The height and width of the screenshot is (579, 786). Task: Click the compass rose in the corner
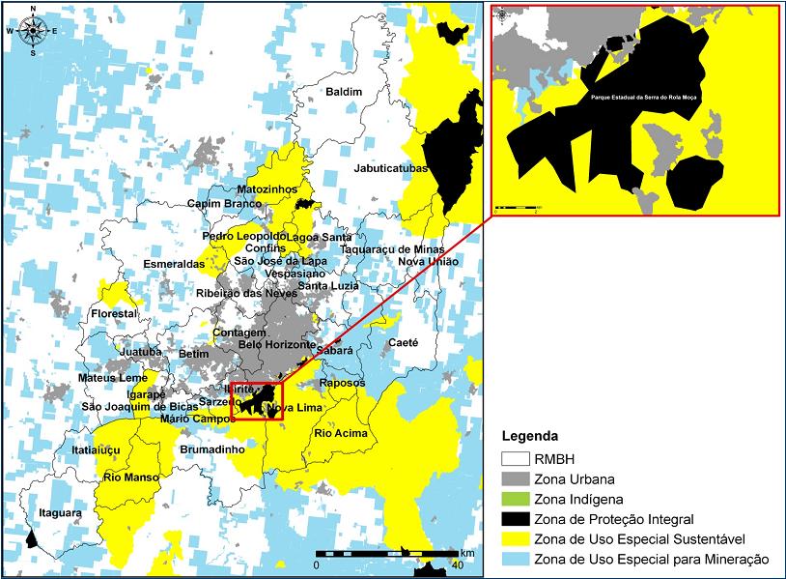[x=33, y=30]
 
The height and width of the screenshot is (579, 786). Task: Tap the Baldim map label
[x=344, y=92]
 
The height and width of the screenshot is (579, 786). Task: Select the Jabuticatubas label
[x=391, y=168]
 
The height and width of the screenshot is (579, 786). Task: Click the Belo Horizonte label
[x=277, y=345]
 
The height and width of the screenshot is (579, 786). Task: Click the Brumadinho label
[x=212, y=450]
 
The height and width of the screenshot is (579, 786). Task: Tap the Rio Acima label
[x=340, y=433]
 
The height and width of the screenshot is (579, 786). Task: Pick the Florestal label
[x=114, y=315]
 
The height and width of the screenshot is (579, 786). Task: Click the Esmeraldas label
[x=174, y=263]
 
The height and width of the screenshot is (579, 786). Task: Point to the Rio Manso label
[x=130, y=477]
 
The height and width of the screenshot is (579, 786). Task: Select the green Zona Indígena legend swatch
[x=519, y=499]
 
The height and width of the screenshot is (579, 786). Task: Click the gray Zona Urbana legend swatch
[x=519, y=478]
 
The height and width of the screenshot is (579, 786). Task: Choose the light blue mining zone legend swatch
[x=519, y=560]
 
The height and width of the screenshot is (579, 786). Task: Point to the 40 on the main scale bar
[x=457, y=565]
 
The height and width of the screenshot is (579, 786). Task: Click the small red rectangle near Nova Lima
[x=256, y=401]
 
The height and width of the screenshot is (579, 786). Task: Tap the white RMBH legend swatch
[x=519, y=458]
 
